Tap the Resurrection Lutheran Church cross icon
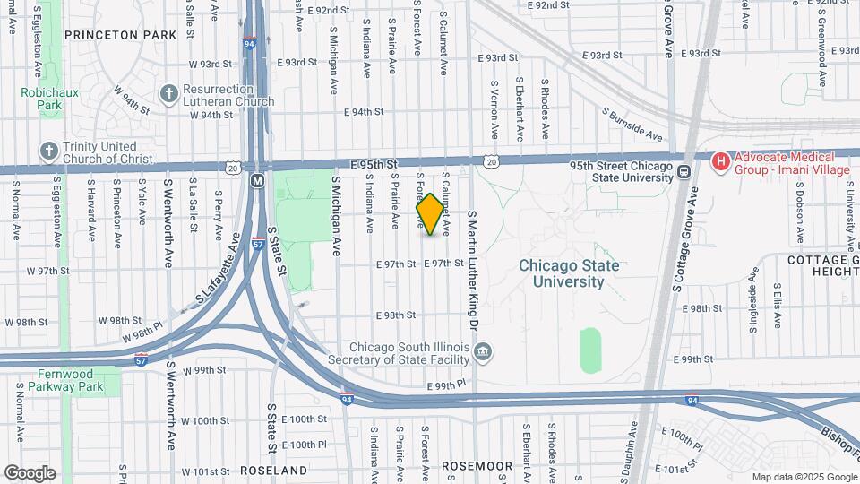[168, 93]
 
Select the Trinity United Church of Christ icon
[47, 151]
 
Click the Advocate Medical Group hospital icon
[718, 161]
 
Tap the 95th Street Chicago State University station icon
[684, 171]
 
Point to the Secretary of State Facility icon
[483, 351]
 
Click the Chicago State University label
[569, 273]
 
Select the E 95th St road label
[374, 165]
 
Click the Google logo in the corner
[30, 472]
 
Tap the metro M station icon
[257, 180]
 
